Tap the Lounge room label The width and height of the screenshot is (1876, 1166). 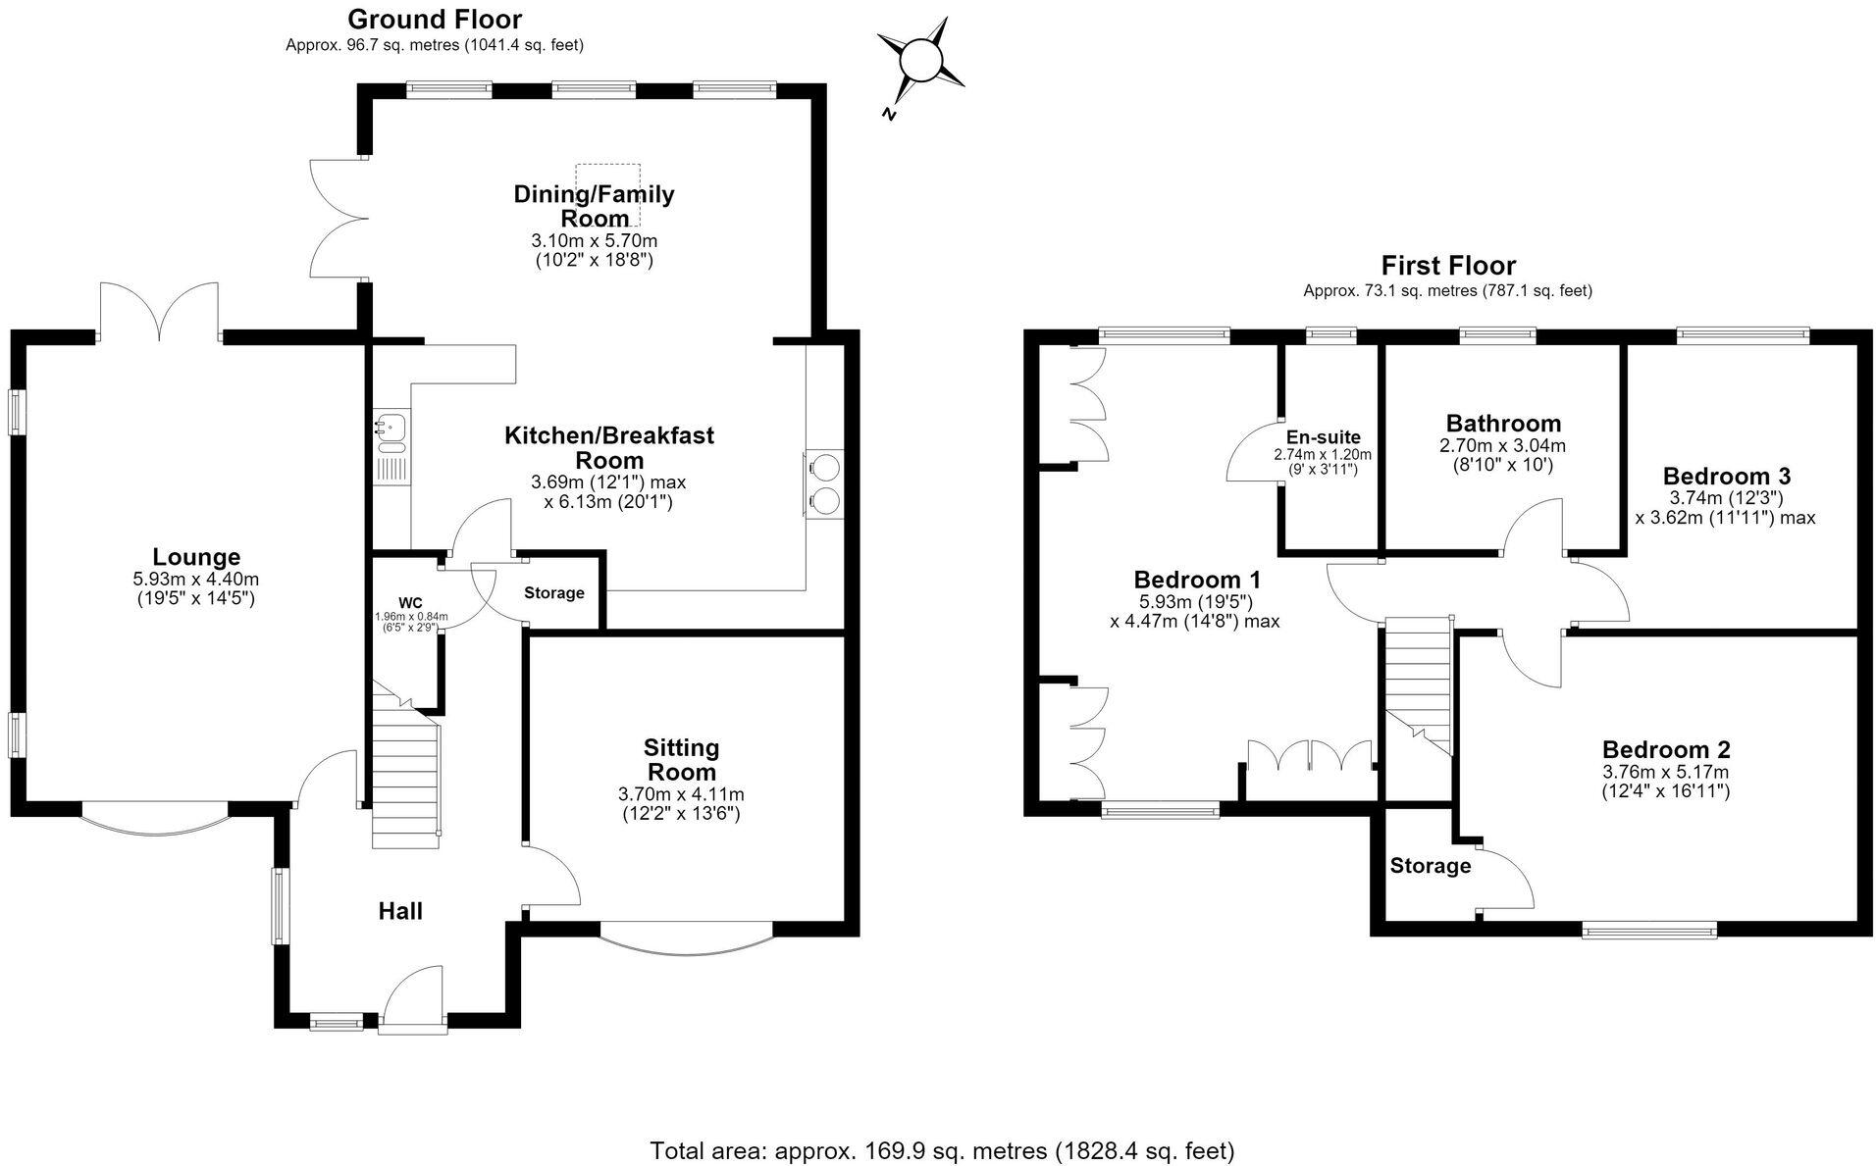pos(196,557)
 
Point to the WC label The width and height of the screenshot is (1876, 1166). pos(410,601)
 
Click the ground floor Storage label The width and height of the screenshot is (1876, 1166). pos(554,593)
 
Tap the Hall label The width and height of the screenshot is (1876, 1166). pos(400,911)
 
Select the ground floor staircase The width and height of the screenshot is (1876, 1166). pos(404,769)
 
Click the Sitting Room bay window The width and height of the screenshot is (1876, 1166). pos(686,938)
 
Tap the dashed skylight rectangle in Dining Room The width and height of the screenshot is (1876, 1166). pos(608,195)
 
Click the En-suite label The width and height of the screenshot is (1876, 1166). pos(1324,437)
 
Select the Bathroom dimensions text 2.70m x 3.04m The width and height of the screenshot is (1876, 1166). pos(1503,445)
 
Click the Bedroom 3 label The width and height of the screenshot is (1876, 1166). pos(1727,476)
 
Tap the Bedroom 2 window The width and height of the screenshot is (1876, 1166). pos(1649,929)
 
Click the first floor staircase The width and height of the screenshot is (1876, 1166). pos(1417,686)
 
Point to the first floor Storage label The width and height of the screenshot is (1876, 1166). pos(1431,866)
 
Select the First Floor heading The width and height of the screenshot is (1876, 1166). pos(1448,266)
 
